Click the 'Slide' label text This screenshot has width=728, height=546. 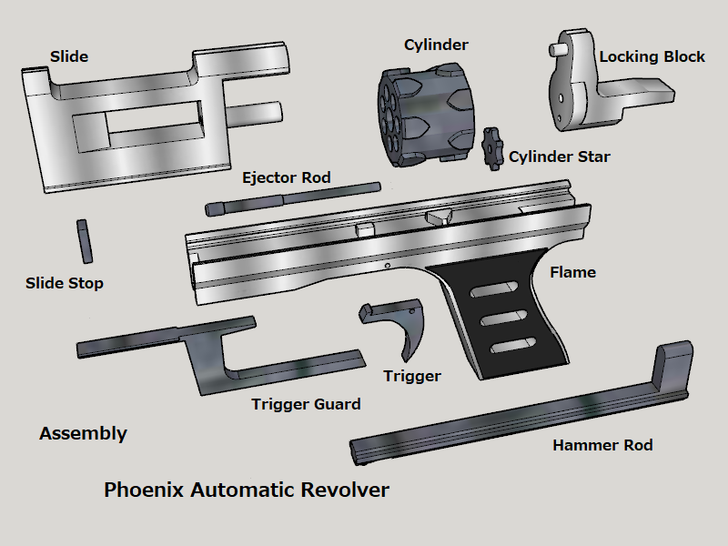[x=69, y=56]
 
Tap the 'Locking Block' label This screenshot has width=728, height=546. [x=652, y=56]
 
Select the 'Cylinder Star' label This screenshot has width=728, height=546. [x=559, y=157]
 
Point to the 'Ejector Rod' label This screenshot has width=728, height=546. [x=287, y=177]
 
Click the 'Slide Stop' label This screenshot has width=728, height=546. [x=65, y=283]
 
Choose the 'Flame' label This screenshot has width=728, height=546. [x=572, y=272]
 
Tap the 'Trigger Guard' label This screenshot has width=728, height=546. [x=306, y=404]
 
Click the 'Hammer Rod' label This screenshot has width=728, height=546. [x=602, y=445]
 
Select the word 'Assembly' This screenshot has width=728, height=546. [x=83, y=434]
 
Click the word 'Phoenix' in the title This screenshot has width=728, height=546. [x=144, y=490]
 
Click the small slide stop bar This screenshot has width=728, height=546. [x=85, y=241]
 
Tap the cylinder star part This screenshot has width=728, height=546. [x=492, y=149]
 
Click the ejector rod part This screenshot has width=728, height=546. [x=293, y=198]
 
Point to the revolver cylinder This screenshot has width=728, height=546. [x=426, y=116]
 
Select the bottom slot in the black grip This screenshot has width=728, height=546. [x=513, y=346]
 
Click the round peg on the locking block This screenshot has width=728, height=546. [x=557, y=49]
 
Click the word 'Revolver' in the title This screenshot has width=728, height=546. [x=345, y=490]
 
